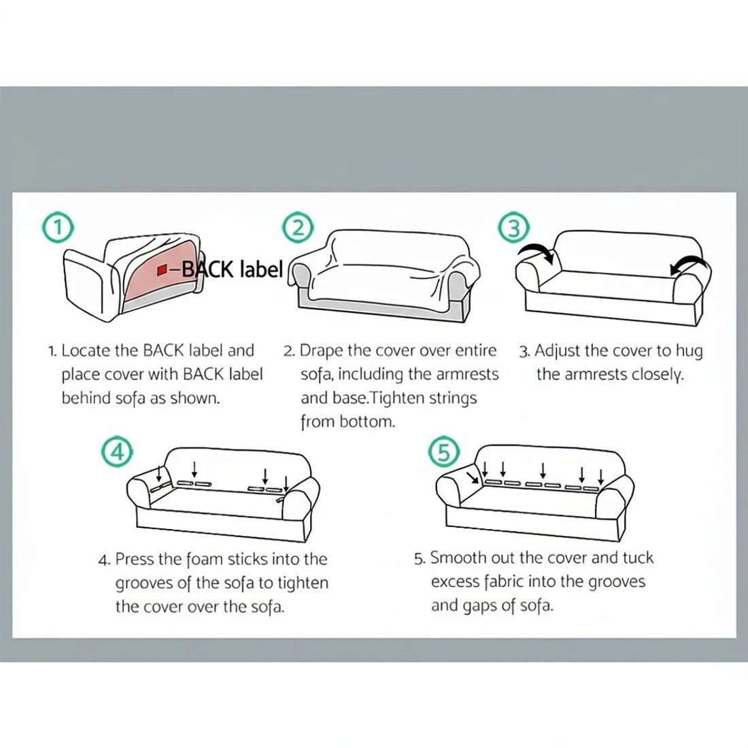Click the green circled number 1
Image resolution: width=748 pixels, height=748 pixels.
pos(58,228)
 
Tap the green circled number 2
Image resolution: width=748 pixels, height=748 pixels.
pos(298,227)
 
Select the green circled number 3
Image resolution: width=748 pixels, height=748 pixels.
pos(513,228)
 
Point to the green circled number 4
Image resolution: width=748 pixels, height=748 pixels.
pos(117,452)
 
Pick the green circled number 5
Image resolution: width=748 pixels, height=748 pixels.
pos(443,452)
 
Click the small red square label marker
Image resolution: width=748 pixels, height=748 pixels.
pos(162,270)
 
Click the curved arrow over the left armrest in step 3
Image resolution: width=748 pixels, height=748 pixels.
pos(537,251)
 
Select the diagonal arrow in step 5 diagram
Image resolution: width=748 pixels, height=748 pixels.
pos(473,477)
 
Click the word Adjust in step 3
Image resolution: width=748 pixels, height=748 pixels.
pos(558,352)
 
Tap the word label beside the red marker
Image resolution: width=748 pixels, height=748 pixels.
pos(261,269)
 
